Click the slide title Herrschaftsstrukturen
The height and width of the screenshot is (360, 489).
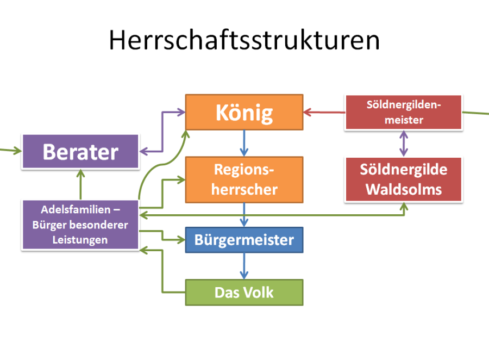(244, 41)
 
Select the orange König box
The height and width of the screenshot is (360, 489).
(244, 113)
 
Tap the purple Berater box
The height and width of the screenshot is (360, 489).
(80, 152)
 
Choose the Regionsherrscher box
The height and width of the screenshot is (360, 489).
(244, 179)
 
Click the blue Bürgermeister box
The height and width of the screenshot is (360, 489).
(244, 240)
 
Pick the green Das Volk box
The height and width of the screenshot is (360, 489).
(244, 293)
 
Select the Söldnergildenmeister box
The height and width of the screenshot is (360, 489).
(403, 113)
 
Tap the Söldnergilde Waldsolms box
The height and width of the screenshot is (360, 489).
(403, 179)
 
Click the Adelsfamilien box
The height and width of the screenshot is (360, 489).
(80, 224)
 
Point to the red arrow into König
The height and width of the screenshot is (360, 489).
(324, 113)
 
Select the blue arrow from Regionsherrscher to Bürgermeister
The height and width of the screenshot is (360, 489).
(244, 215)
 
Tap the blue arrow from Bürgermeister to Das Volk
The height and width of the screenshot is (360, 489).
(244, 266)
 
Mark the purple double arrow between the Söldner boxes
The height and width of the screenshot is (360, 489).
(403, 144)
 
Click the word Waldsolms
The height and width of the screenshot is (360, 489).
(403, 189)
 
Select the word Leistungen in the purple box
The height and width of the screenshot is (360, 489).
(80, 239)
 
